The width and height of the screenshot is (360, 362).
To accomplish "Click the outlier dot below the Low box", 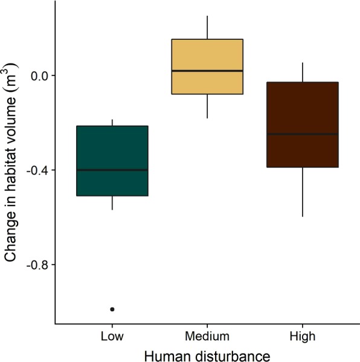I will [x=112, y=309].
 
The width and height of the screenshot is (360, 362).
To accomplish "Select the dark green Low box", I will [x=112, y=151].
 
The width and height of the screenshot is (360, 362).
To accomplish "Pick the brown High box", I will [x=302, y=109].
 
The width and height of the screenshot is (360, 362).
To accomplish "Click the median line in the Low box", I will [x=112, y=170].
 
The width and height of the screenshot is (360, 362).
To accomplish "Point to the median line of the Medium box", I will [x=207, y=71].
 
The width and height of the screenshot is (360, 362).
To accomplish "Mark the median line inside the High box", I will [x=302, y=134].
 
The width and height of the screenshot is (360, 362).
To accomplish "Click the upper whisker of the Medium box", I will [x=207, y=27].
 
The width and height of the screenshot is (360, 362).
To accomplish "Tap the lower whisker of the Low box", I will [x=112, y=203].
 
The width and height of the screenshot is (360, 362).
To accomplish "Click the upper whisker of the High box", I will [x=302, y=72].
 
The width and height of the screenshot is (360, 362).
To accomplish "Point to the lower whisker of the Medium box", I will [x=207, y=106].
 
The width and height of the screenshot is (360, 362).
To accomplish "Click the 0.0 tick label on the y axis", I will [x=40, y=76].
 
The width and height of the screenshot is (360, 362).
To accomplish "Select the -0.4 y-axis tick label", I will [x=39, y=170].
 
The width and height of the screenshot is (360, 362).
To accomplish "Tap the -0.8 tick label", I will [x=39, y=265].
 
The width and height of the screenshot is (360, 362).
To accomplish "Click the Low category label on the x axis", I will [x=112, y=335].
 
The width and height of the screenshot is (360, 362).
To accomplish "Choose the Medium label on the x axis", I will [x=207, y=335].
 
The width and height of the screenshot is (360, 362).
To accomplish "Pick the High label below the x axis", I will [x=302, y=335].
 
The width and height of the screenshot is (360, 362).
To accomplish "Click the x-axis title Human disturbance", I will [x=207, y=353].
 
